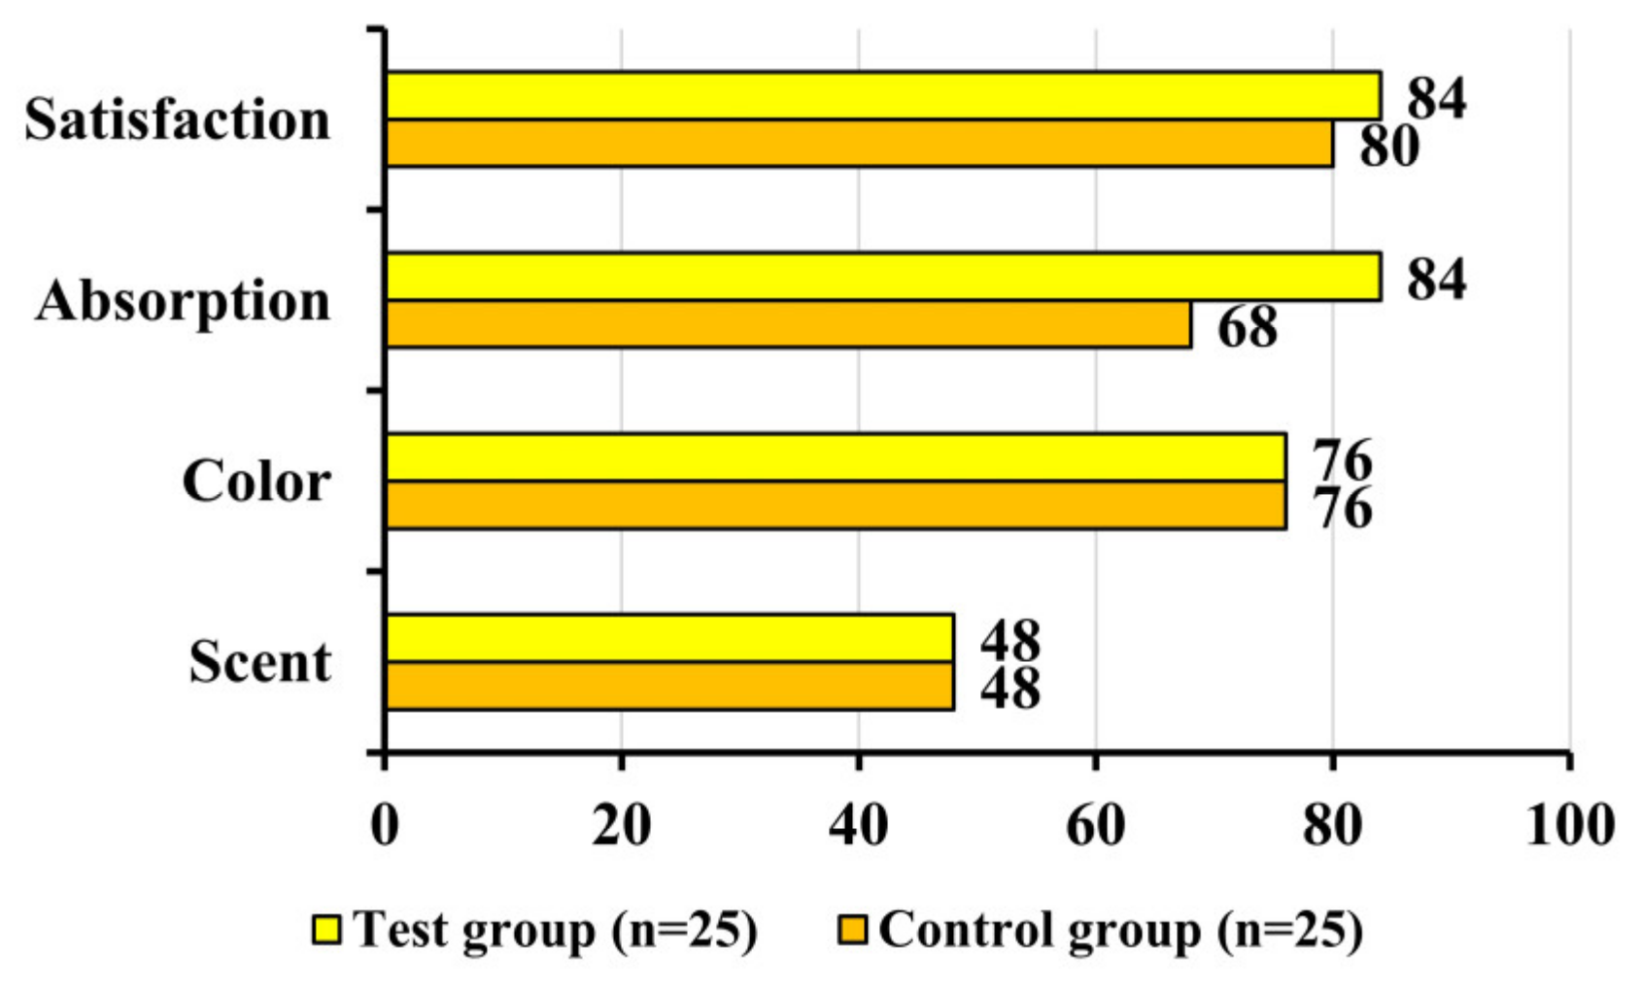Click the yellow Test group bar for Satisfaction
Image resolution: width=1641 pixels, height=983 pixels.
click(x=882, y=95)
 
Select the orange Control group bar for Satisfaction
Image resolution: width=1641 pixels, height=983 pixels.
click(x=859, y=144)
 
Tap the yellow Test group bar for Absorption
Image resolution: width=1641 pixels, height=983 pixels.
click(x=882, y=276)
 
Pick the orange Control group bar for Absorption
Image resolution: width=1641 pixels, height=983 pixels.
click(x=788, y=324)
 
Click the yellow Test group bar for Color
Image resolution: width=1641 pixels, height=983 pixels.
click(x=836, y=457)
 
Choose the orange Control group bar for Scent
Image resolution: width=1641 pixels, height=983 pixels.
click(x=669, y=687)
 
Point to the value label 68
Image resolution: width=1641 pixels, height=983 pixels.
click(x=1248, y=327)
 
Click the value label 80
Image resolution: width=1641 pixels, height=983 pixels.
click(x=1389, y=147)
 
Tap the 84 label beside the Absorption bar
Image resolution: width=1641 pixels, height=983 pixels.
click(x=1437, y=279)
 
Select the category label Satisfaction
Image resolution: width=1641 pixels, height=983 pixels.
click(x=178, y=120)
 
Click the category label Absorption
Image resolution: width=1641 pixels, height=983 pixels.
click(x=184, y=301)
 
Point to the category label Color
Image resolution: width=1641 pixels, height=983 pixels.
click(x=256, y=482)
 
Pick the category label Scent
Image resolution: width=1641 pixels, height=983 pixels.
click(x=260, y=662)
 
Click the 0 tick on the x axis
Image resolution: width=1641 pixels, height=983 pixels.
click(x=385, y=826)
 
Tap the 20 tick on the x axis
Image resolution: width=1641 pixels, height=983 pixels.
click(x=622, y=826)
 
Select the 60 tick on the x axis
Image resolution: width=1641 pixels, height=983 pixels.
click(x=1096, y=826)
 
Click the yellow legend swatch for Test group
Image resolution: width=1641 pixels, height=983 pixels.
click(x=326, y=930)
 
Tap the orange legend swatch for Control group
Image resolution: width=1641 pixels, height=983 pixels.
click(x=852, y=930)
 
